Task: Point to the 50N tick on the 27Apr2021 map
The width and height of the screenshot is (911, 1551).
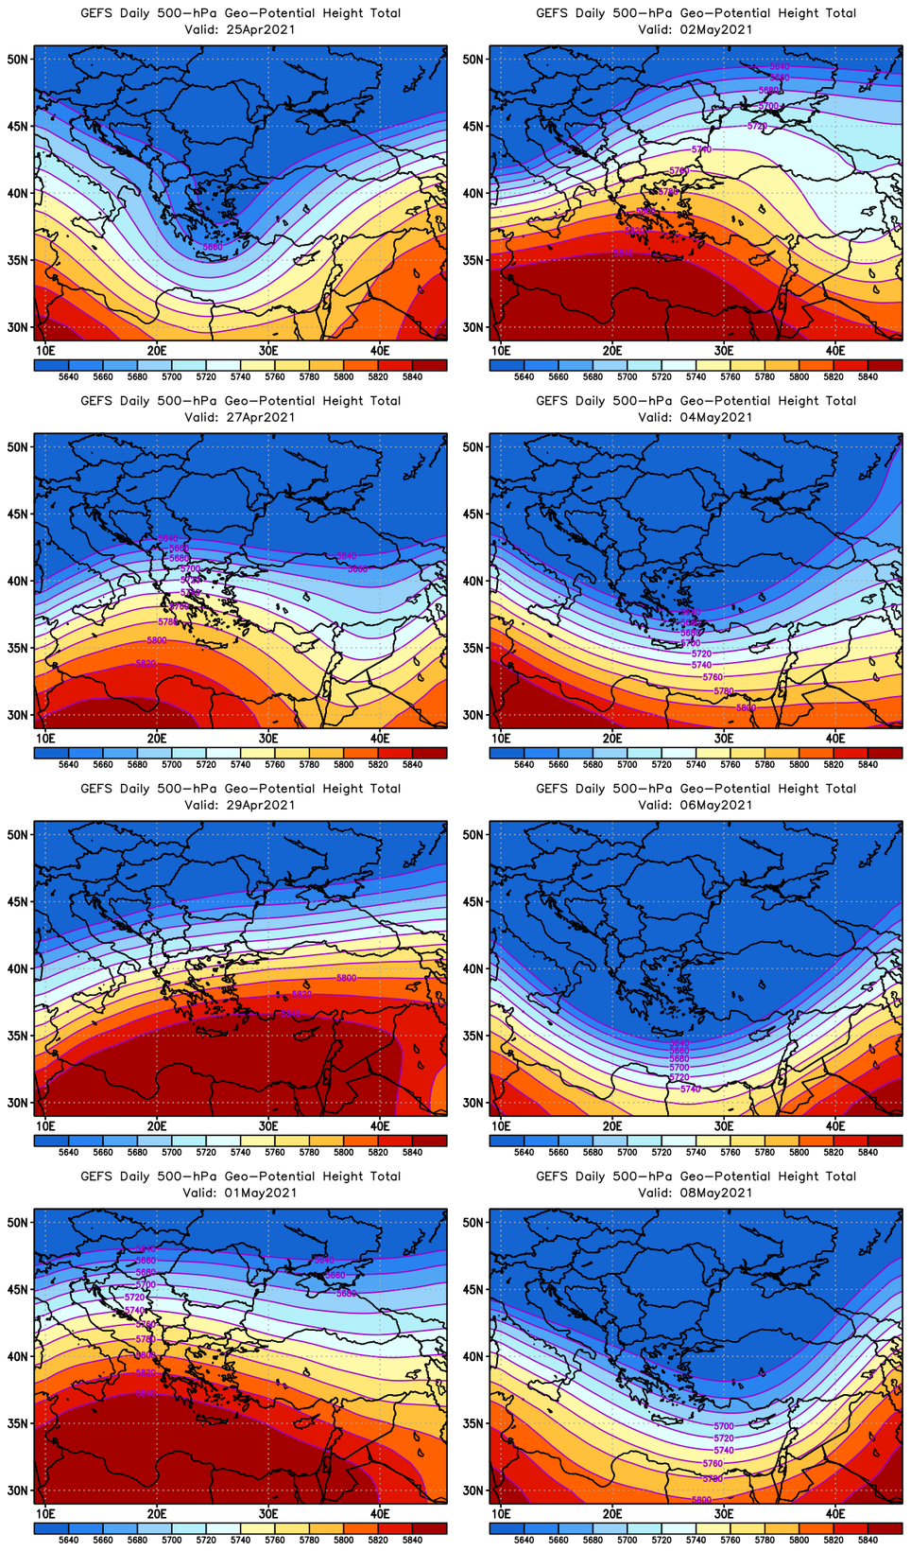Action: pyautogui.click(x=19, y=446)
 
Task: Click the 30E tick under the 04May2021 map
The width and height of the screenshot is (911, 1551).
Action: pyautogui.click(x=724, y=739)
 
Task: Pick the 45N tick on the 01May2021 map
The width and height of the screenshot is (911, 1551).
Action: pyautogui.click(x=19, y=1289)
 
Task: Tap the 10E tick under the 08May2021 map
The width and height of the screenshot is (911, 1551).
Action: pyautogui.click(x=501, y=1514)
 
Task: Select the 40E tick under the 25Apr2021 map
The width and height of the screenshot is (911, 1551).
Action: pyautogui.click(x=380, y=351)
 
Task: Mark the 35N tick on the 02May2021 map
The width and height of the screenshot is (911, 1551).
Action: pyautogui.click(x=474, y=260)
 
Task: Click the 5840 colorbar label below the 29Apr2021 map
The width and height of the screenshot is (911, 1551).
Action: pyautogui.click(x=412, y=1152)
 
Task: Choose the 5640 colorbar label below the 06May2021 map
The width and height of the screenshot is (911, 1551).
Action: pyautogui.click(x=524, y=1152)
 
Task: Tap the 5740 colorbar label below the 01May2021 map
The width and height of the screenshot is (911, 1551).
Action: pyautogui.click(x=240, y=1540)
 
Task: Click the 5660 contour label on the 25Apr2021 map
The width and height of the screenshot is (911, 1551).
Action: pyautogui.click(x=213, y=247)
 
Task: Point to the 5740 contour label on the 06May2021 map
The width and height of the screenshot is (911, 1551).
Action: pyautogui.click(x=690, y=1089)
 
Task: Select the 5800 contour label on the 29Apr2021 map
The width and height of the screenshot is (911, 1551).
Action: pyautogui.click(x=347, y=978)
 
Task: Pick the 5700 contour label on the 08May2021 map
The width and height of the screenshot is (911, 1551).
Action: pyautogui.click(x=723, y=1426)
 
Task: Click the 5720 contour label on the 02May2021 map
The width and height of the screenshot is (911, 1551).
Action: pyautogui.click(x=757, y=126)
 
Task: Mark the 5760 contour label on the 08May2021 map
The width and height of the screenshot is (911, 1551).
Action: pyautogui.click(x=712, y=1464)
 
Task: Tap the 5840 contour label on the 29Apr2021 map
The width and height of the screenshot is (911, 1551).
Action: pyautogui.click(x=291, y=1014)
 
